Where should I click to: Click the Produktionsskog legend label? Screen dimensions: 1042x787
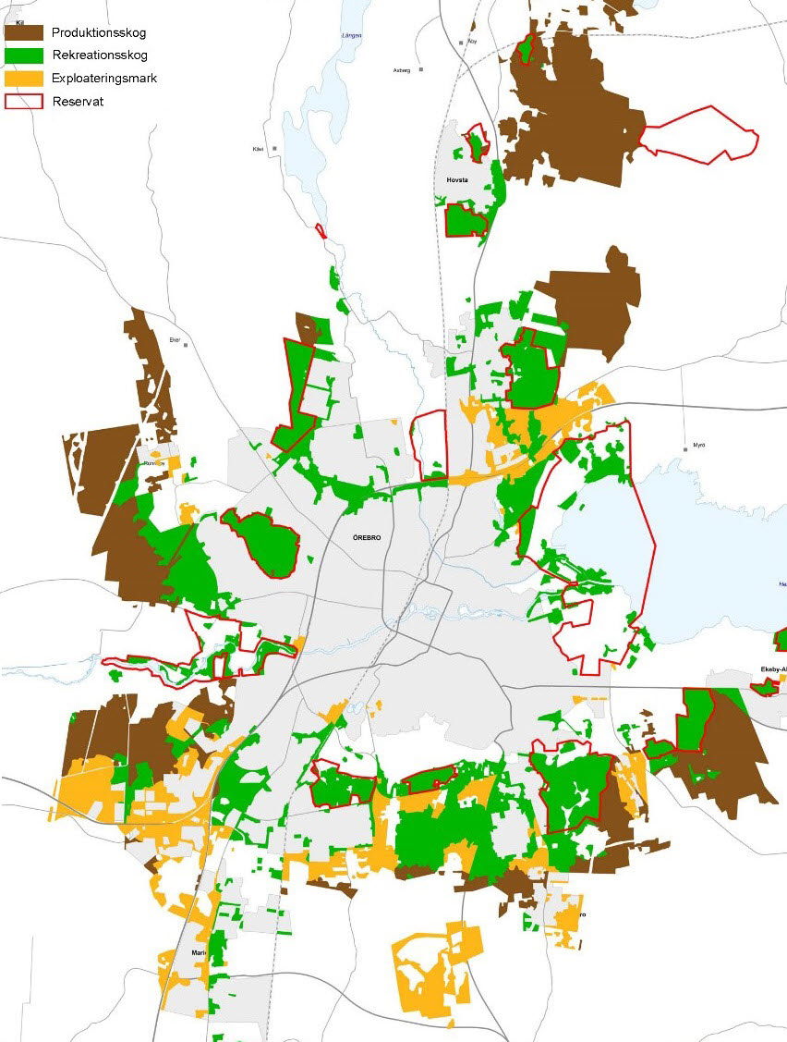[99, 33]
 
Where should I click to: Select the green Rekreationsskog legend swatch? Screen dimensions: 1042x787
[24, 55]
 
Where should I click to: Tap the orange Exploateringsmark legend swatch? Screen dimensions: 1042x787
[24, 79]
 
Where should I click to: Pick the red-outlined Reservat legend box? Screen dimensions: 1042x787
[24, 102]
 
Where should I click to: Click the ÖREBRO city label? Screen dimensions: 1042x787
[367, 537]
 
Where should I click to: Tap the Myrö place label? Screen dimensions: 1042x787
[699, 446]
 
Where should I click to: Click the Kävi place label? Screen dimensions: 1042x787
[259, 149]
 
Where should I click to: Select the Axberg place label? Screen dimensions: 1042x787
[401, 69]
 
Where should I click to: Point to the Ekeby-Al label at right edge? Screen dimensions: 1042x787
[772, 668]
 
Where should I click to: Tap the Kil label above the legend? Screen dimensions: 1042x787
[20, 22]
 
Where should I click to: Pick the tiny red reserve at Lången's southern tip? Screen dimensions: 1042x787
[321, 230]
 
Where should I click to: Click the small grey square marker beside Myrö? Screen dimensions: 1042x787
[686, 446]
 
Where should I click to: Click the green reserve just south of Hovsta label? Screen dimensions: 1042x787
[466, 221]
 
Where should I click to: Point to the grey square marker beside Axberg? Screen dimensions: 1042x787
[421, 69]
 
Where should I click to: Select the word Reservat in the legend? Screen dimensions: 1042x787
[78, 102]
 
